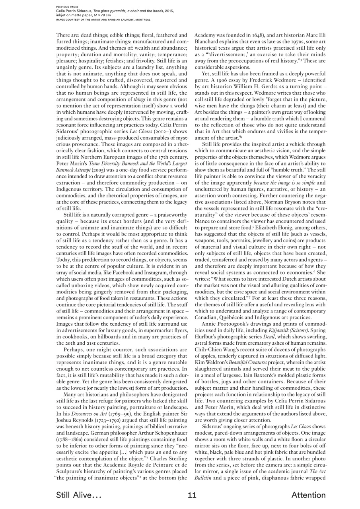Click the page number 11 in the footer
pos(192,495)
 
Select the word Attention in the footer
pos(308,495)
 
